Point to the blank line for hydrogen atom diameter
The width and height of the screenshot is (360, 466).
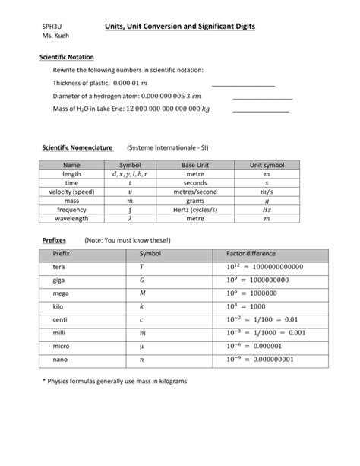coord(262,99)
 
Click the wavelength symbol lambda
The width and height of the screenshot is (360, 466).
coord(130,218)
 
